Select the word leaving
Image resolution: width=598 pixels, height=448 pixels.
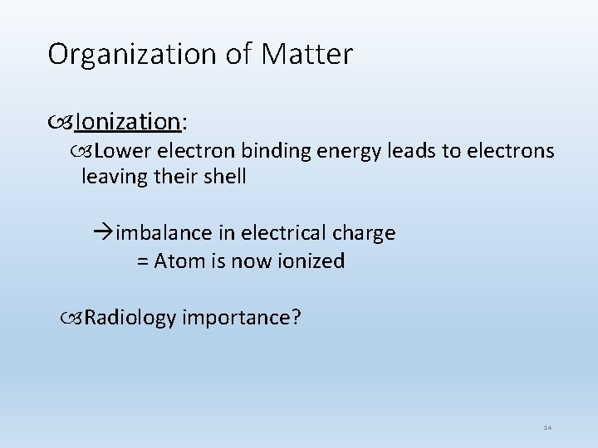[x=115, y=177]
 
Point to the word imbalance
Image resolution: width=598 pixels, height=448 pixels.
[x=158, y=234]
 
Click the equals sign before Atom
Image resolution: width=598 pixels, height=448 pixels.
[x=142, y=261]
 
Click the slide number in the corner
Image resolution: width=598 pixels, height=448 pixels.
[x=547, y=426]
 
